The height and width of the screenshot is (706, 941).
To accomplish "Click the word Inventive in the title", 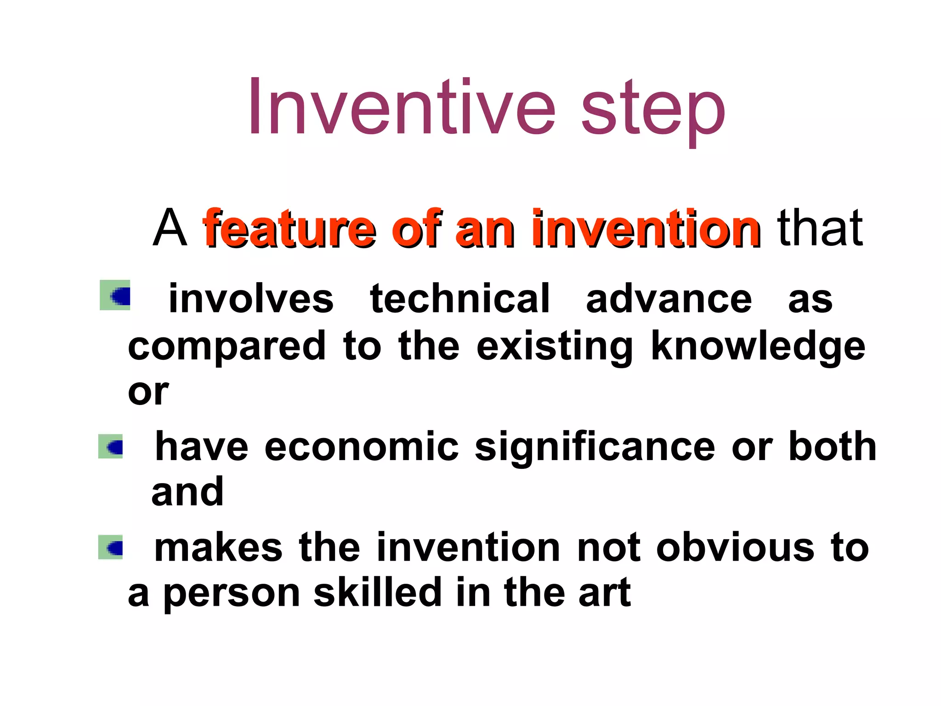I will click(402, 108).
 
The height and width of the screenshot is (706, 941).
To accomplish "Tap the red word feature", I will click(289, 228).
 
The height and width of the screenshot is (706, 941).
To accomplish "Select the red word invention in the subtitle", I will click(646, 228).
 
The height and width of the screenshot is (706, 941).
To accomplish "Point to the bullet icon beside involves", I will click(115, 295).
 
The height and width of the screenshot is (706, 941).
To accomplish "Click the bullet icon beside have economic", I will click(111, 446).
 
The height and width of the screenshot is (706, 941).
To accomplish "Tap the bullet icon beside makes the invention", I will click(111, 547).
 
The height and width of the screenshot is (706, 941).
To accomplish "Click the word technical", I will click(459, 299).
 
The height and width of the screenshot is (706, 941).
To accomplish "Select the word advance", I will click(669, 299).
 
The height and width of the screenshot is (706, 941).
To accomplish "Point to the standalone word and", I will click(187, 492).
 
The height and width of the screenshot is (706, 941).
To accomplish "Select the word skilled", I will click(377, 593).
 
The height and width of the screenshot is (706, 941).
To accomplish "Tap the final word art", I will click(604, 593).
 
